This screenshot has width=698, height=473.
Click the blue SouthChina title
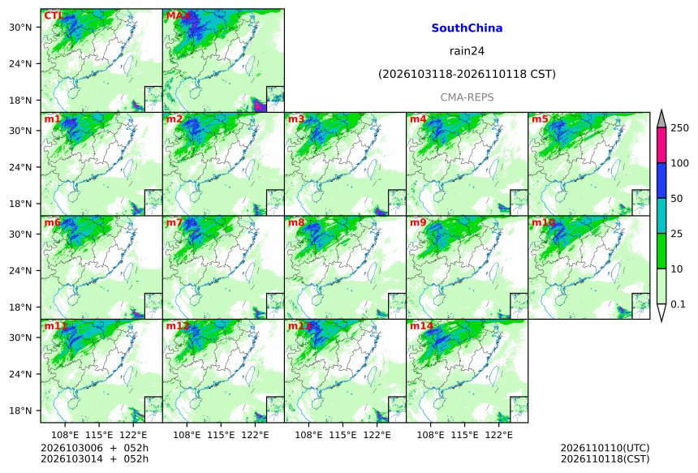coord(467,28)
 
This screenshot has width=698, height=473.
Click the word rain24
coord(467,51)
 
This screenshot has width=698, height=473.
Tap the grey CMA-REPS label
coord(467,97)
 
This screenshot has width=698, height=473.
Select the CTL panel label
coord(54,16)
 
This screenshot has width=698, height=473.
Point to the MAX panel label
coord(178,16)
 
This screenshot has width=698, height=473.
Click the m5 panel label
coord(540,119)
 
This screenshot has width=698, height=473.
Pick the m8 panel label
coord(296,222)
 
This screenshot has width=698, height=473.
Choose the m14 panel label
coord(421,326)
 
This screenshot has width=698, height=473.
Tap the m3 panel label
coord(296,119)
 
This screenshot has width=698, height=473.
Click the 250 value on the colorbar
coord(680,128)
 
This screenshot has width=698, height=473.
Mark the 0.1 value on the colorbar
coord(678,304)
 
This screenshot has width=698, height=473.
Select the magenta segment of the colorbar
coord(661,145)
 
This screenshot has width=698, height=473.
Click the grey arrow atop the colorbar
coord(661,118)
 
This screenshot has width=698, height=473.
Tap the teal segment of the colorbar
coord(661,216)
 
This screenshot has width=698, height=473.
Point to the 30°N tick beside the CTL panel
coord(20,28)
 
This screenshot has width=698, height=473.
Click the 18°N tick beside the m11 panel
coord(20,411)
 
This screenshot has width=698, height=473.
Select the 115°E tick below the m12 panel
coord(221,435)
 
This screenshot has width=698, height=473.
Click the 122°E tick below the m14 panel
coord(498,435)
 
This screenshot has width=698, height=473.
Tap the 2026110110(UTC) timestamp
coord(605,448)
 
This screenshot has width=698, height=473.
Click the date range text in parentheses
coord(467,74)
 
